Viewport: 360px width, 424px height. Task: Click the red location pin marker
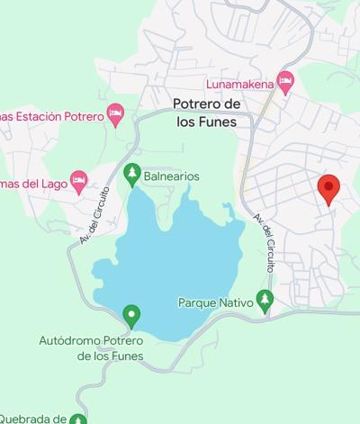click(x=328, y=189)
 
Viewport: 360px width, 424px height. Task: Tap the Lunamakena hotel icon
click(x=286, y=82)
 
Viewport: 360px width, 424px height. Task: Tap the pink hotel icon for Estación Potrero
click(x=114, y=113)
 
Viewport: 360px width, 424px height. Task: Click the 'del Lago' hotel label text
click(x=31, y=184)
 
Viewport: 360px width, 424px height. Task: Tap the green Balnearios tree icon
click(x=132, y=171)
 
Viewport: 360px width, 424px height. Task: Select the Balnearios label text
click(x=171, y=176)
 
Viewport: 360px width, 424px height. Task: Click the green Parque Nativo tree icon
click(x=264, y=299)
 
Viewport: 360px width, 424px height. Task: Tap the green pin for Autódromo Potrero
click(x=131, y=315)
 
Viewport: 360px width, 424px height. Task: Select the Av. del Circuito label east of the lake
click(x=264, y=243)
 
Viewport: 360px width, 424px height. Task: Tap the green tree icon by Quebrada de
click(x=78, y=419)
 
